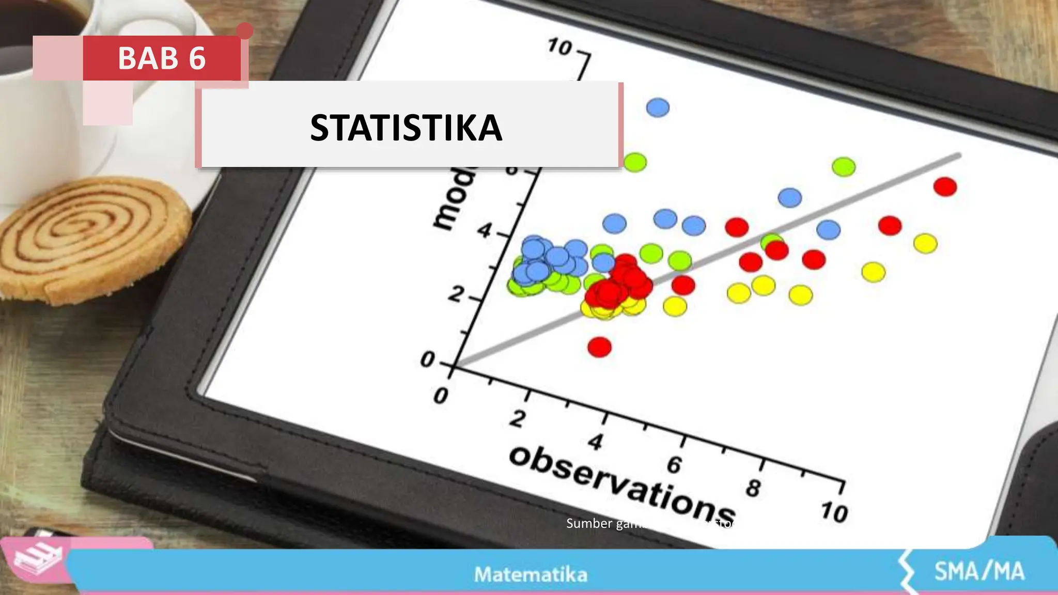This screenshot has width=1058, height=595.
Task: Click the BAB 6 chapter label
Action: click(x=162, y=58)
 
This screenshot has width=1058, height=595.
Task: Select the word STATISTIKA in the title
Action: click(x=406, y=128)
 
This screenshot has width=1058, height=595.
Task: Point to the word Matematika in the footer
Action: click(x=531, y=574)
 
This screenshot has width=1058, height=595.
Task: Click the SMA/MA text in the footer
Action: click(x=979, y=571)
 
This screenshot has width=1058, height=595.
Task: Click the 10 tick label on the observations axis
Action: click(x=834, y=512)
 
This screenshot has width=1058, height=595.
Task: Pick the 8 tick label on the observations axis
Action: click(x=753, y=488)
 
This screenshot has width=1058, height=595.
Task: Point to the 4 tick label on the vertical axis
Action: click(x=484, y=230)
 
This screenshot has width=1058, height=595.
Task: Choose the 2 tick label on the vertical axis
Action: click(x=456, y=294)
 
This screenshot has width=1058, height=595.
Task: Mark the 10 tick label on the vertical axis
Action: click(x=560, y=47)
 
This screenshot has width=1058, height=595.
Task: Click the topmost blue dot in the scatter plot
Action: click(x=658, y=107)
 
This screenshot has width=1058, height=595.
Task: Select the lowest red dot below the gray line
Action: click(x=599, y=347)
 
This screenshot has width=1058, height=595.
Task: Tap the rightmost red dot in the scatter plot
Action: click(x=945, y=186)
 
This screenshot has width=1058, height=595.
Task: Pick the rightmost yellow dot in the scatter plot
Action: click(x=925, y=243)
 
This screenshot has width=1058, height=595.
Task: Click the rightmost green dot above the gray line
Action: click(x=844, y=167)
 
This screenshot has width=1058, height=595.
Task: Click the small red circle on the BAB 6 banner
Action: click(x=245, y=31)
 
